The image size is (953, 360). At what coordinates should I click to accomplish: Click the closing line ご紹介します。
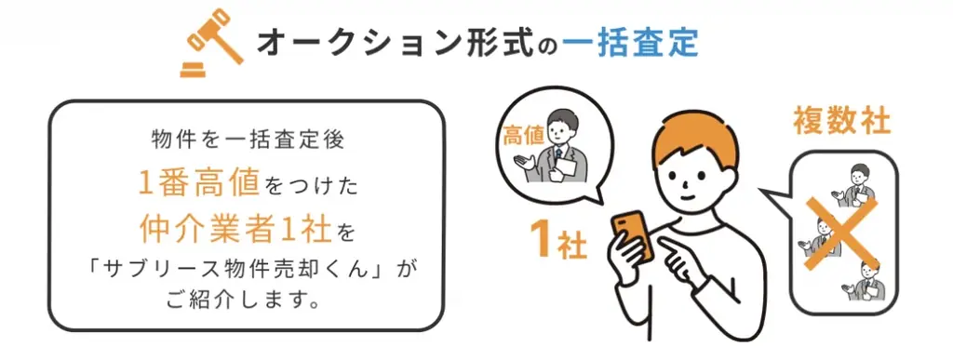247,301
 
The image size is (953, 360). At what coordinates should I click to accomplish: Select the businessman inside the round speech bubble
557,149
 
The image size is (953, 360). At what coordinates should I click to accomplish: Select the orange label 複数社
842,122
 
